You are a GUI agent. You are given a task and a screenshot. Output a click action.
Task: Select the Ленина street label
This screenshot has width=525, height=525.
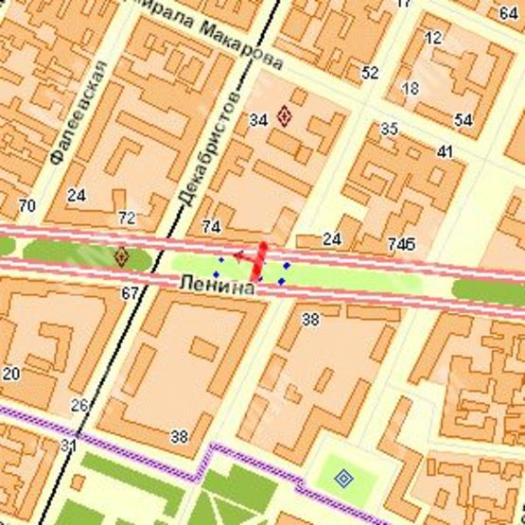[x=217, y=285]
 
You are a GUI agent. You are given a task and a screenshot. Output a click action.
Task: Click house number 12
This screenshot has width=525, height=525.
[x=434, y=38]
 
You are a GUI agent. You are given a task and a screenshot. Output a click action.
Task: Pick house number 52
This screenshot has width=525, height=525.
[x=370, y=72]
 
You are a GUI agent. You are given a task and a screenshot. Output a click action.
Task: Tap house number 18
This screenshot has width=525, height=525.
[x=410, y=88]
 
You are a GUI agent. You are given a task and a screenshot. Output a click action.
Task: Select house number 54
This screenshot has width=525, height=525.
[x=464, y=119]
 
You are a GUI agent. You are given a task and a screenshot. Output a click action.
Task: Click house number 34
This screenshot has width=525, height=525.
[x=258, y=119]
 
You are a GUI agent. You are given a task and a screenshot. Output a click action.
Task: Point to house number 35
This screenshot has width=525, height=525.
[x=389, y=129]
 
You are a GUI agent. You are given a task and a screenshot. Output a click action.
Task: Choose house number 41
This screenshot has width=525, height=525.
[x=445, y=151]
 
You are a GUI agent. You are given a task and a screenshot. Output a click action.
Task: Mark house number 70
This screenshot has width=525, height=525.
[x=26, y=204]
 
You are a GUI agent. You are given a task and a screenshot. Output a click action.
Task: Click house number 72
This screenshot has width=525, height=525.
[x=126, y=219]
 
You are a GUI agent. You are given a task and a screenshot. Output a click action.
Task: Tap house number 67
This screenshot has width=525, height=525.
[x=130, y=293]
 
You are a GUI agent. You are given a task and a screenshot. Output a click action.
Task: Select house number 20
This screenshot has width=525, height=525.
[x=10, y=373]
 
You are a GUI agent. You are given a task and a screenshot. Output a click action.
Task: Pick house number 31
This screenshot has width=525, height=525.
[x=67, y=445]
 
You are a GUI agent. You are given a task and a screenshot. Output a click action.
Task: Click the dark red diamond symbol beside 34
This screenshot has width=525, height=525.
[x=284, y=117]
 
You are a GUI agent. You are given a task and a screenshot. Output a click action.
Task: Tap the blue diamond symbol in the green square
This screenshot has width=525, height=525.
[x=343, y=479]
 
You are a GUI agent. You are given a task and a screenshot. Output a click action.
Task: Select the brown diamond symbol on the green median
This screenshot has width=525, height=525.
[x=121, y=255]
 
